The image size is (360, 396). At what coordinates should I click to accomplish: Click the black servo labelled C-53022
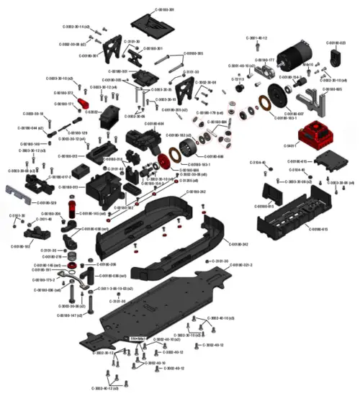(114, 115)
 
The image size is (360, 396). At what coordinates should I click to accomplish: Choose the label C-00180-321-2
(241, 265)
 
